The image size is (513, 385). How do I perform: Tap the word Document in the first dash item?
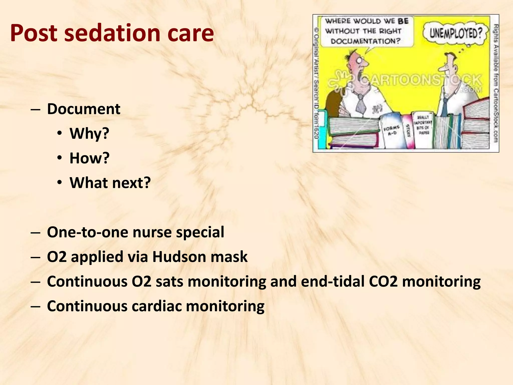pos(84,109)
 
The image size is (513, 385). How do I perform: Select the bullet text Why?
pos(89,133)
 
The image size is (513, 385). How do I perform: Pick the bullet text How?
pos(89,158)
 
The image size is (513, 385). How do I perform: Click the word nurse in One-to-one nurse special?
pos(153,232)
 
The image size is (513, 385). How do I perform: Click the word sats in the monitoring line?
pos(170,281)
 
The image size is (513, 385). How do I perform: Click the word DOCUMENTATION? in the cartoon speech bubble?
pos(365,41)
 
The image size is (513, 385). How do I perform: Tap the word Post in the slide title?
pos(34,33)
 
